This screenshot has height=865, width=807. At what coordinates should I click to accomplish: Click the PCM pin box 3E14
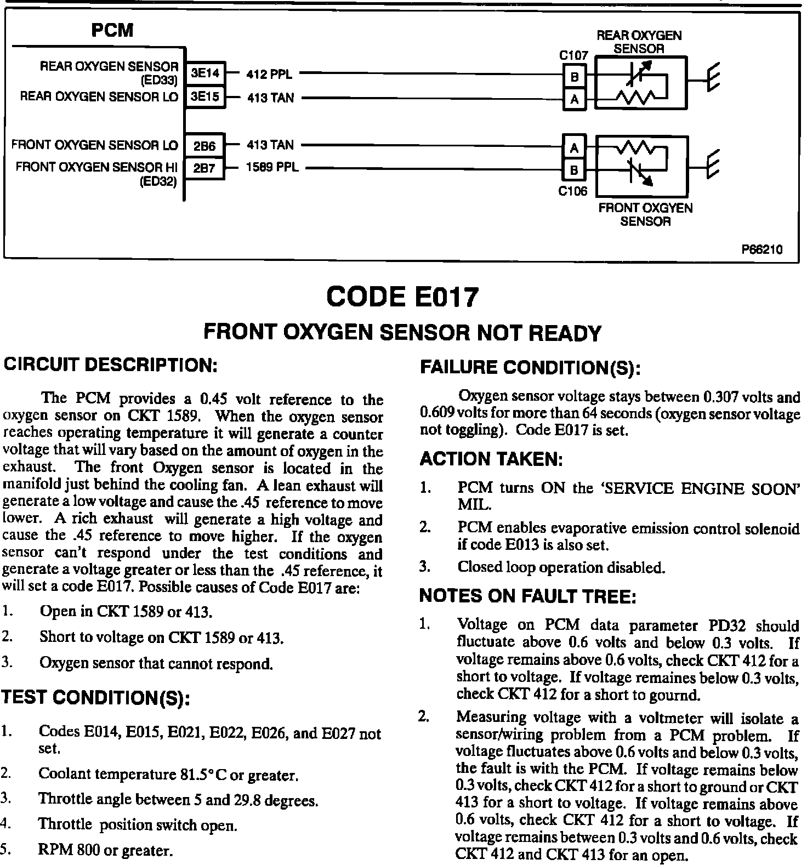(205, 73)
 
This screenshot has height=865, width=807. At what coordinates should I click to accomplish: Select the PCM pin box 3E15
(205, 97)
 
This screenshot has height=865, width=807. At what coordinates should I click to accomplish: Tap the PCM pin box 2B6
(205, 146)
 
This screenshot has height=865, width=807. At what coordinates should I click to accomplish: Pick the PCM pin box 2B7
(205, 168)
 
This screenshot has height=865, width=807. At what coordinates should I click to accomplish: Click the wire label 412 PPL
(269, 74)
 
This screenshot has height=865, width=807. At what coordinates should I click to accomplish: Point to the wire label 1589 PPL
(272, 167)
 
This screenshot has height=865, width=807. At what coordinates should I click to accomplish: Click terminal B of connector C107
(575, 77)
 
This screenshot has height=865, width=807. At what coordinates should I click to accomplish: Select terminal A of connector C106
(574, 148)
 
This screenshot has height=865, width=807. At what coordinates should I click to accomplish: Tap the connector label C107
(573, 55)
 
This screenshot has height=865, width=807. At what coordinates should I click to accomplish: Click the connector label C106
(573, 191)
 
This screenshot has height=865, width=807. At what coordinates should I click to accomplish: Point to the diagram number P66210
(762, 250)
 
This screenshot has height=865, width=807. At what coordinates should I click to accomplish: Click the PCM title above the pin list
(112, 30)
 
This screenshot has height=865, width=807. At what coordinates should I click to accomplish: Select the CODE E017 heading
(402, 298)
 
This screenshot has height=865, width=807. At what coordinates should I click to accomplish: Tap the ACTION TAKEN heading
(491, 460)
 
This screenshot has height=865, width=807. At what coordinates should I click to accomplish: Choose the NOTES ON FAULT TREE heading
(527, 596)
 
